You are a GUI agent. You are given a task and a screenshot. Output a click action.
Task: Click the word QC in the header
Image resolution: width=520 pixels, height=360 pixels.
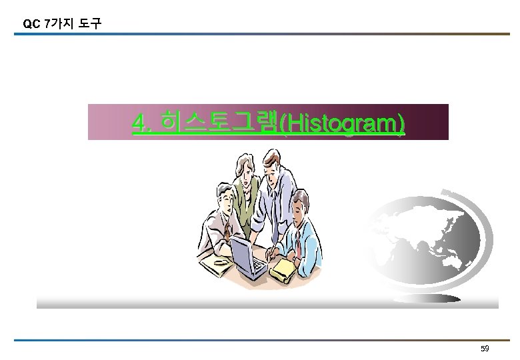[31, 24]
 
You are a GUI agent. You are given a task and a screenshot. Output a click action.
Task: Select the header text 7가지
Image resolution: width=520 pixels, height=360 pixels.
[57, 24]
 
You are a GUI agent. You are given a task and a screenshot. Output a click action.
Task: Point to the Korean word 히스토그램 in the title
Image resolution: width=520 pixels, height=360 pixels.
[220, 123]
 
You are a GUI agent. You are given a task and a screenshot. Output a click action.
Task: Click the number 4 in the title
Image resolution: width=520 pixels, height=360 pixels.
[139, 123]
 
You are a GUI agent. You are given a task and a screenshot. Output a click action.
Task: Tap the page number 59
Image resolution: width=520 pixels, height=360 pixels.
[485, 349]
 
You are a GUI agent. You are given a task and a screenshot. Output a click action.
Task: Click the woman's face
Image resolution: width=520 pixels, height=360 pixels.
[247, 173]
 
